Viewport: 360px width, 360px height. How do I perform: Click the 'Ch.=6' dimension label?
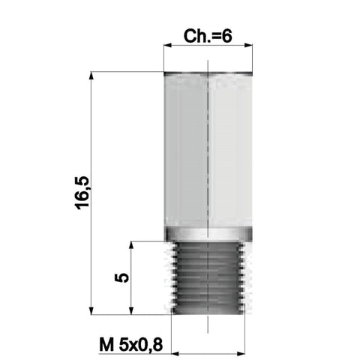[208, 36]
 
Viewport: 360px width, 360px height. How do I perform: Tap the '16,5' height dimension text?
[82, 193]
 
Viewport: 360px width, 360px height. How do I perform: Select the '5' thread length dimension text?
[121, 277]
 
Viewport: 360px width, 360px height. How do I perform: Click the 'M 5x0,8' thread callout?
[131, 345]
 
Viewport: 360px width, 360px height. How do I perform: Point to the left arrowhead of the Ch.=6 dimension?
[167, 46]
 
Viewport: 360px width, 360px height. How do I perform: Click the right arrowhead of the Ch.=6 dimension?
[248, 46]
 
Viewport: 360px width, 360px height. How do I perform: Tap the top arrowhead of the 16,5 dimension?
[91, 76]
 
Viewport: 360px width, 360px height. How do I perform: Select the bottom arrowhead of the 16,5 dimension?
[91, 310]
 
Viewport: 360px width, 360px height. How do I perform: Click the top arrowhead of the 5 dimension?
[131, 245]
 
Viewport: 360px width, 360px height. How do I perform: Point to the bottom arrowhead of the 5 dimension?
[131, 310]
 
